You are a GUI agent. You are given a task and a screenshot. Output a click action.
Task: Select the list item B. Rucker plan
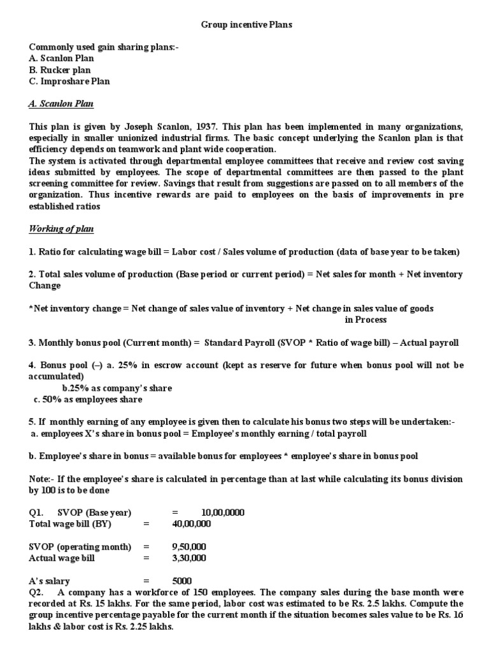pyautogui.click(x=60, y=70)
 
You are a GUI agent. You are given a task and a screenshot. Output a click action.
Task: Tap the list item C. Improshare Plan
pyautogui.click(x=69, y=81)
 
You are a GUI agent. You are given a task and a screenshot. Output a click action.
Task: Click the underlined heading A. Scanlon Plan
pyautogui.click(x=61, y=104)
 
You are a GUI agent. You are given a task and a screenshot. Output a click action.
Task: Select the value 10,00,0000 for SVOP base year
pyautogui.click(x=222, y=513)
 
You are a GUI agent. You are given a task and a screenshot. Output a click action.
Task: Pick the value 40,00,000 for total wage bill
pyautogui.click(x=192, y=524)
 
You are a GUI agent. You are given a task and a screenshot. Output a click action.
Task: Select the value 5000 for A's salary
pyautogui.click(x=181, y=581)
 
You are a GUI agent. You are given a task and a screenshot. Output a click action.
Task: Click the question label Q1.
pyautogui.click(x=36, y=513)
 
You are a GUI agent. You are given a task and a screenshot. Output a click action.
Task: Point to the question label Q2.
pyautogui.click(x=36, y=592)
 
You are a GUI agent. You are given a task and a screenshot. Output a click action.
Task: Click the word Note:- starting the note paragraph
pyautogui.click(x=43, y=478)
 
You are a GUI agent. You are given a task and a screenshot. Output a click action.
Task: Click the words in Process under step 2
pyautogui.click(x=365, y=320)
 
